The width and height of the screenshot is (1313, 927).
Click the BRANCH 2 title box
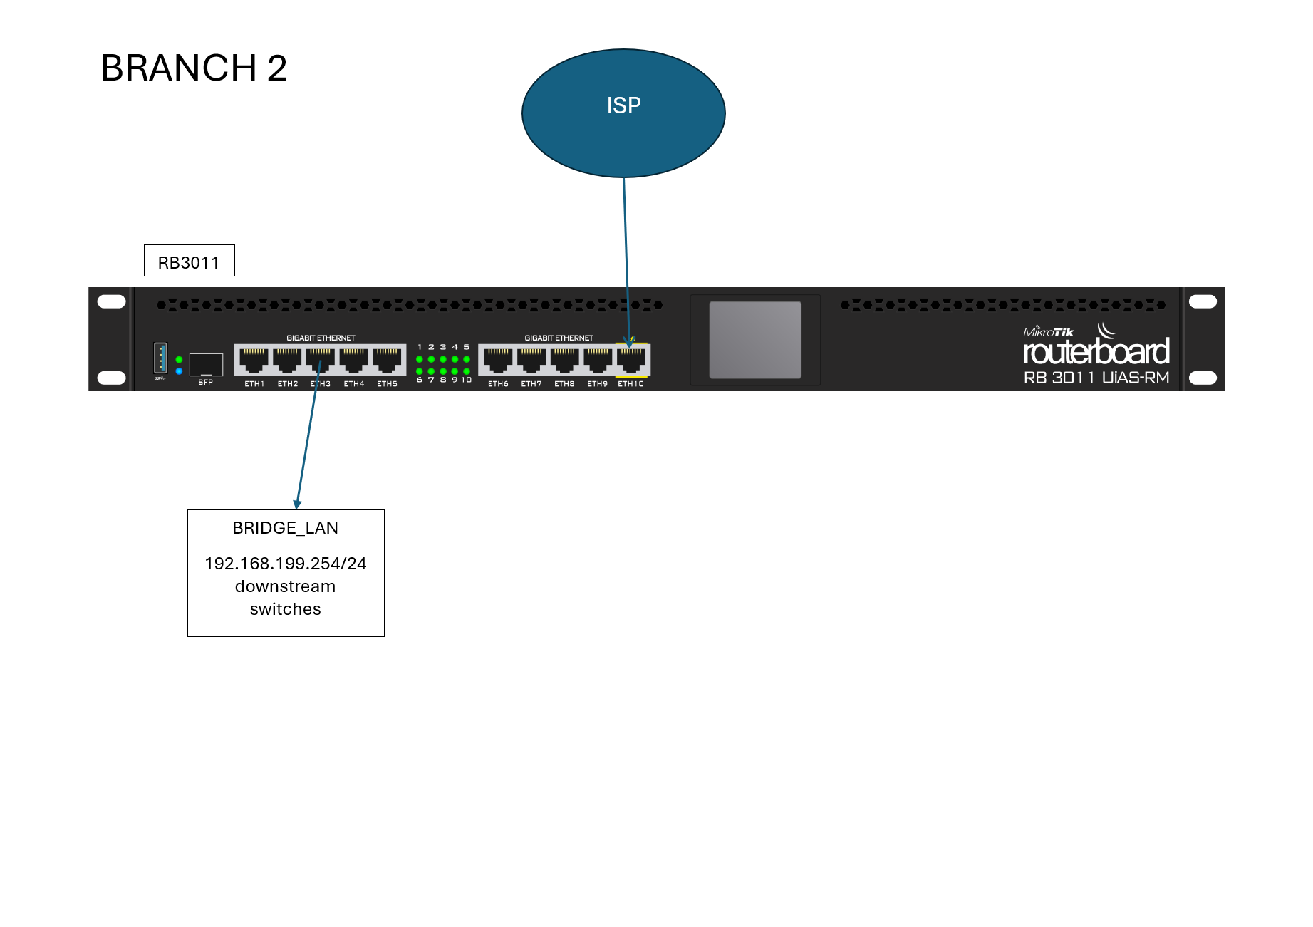pyautogui.click(x=199, y=66)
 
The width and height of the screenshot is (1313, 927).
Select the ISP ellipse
pyautogui.click(x=623, y=113)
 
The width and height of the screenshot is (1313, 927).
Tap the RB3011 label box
pyautogui.click(x=189, y=261)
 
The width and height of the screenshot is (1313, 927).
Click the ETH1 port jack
pyautogui.click(x=254, y=360)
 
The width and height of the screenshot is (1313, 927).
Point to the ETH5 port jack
pyautogui.click(x=387, y=360)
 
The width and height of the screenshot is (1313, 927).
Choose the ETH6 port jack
pyautogui.click(x=498, y=360)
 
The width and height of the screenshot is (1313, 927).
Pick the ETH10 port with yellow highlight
pyautogui.click(x=631, y=360)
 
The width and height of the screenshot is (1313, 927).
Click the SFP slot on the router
pyautogui.click(x=206, y=364)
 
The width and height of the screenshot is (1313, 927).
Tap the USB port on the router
pyautogui.click(x=160, y=358)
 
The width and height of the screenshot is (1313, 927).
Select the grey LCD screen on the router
pyautogui.click(x=754, y=339)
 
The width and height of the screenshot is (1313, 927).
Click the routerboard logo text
pyautogui.click(x=1096, y=352)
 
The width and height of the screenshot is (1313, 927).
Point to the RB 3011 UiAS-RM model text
pyautogui.click(x=1096, y=378)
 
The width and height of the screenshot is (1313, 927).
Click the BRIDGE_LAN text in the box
pyautogui.click(x=285, y=528)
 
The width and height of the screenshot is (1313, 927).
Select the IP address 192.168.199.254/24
pyautogui.click(x=285, y=564)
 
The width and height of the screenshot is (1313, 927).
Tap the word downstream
pyautogui.click(x=285, y=586)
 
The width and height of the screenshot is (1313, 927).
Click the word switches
pyautogui.click(x=285, y=609)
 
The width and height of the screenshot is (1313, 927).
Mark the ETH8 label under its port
pyautogui.click(x=564, y=384)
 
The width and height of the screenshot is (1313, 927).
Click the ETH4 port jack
pyautogui.click(x=353, y=360)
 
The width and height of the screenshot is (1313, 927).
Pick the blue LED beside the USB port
pyautogui.click(x=179, y=371)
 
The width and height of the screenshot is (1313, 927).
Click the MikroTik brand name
pyautogui.click(x=1048, y=332)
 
